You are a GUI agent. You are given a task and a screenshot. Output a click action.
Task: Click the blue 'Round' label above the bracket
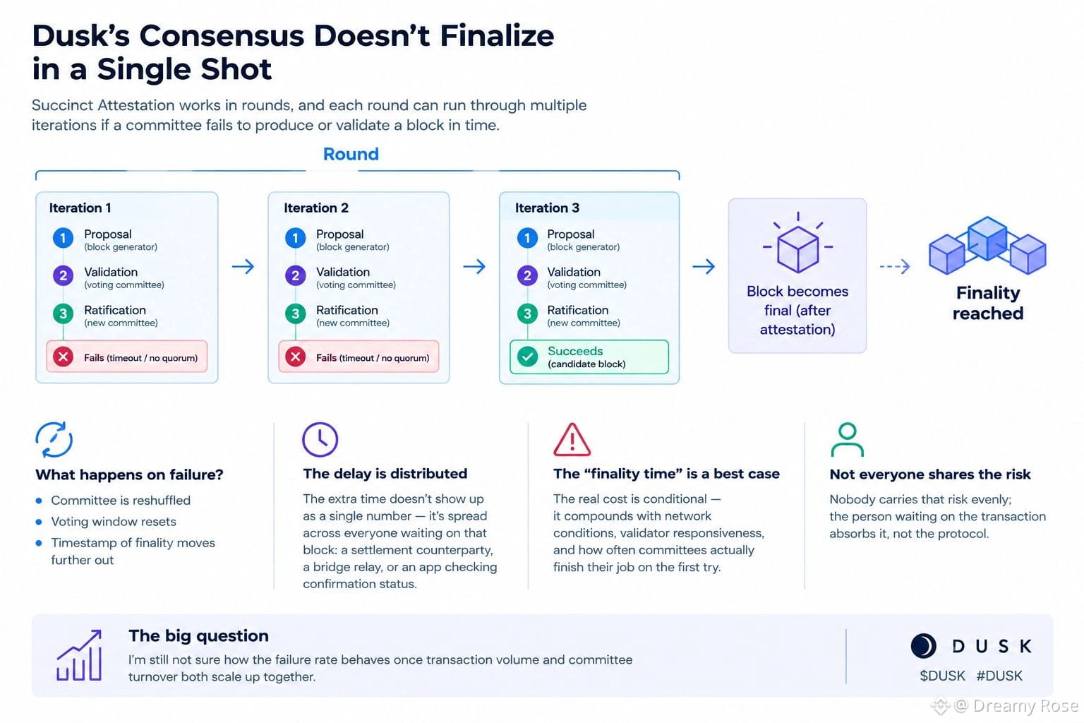(351, 154)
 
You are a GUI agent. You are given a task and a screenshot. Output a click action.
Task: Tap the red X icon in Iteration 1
(63, 357)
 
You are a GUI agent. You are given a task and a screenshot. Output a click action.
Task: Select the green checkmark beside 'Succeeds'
(527, 357)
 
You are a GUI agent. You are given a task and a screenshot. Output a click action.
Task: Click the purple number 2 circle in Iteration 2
(295, 276)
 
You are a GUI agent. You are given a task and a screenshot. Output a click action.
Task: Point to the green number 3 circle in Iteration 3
(527, 313)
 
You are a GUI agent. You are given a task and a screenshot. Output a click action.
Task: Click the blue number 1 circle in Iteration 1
(63, 238)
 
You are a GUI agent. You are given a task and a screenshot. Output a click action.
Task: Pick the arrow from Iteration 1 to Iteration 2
(243, 266)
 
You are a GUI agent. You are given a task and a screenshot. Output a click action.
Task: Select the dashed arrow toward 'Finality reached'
(895, 266)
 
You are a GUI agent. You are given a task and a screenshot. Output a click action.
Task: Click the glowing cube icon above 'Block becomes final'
(798, 244)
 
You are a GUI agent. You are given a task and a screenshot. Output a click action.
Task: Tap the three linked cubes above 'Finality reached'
(987, 245)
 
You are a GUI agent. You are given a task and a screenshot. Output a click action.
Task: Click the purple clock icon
(320, 440)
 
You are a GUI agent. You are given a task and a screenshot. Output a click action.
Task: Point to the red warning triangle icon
(572, 440)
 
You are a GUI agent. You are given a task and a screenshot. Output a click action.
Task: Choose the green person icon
(848, 440)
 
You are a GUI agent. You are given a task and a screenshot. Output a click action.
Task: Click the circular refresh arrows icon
(54, 440)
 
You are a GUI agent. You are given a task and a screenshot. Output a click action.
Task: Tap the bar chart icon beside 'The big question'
(79, 655)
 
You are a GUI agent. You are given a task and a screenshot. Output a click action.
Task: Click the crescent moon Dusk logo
(923, 646)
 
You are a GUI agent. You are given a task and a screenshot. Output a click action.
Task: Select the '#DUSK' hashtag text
(999, 676)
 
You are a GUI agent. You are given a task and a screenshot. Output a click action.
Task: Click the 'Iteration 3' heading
(547, 208)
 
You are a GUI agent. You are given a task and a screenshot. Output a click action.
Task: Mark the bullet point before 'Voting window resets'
(40, 522)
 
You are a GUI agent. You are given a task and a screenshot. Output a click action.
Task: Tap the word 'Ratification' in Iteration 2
(347, 310)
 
